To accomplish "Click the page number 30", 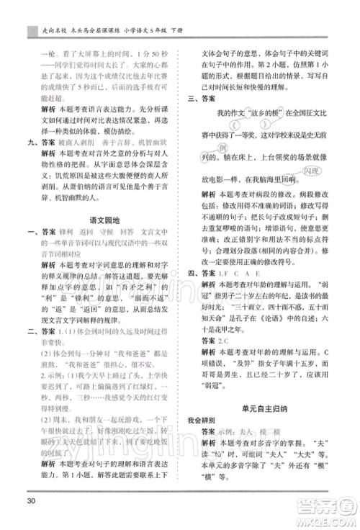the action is (x=30, y=498).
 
